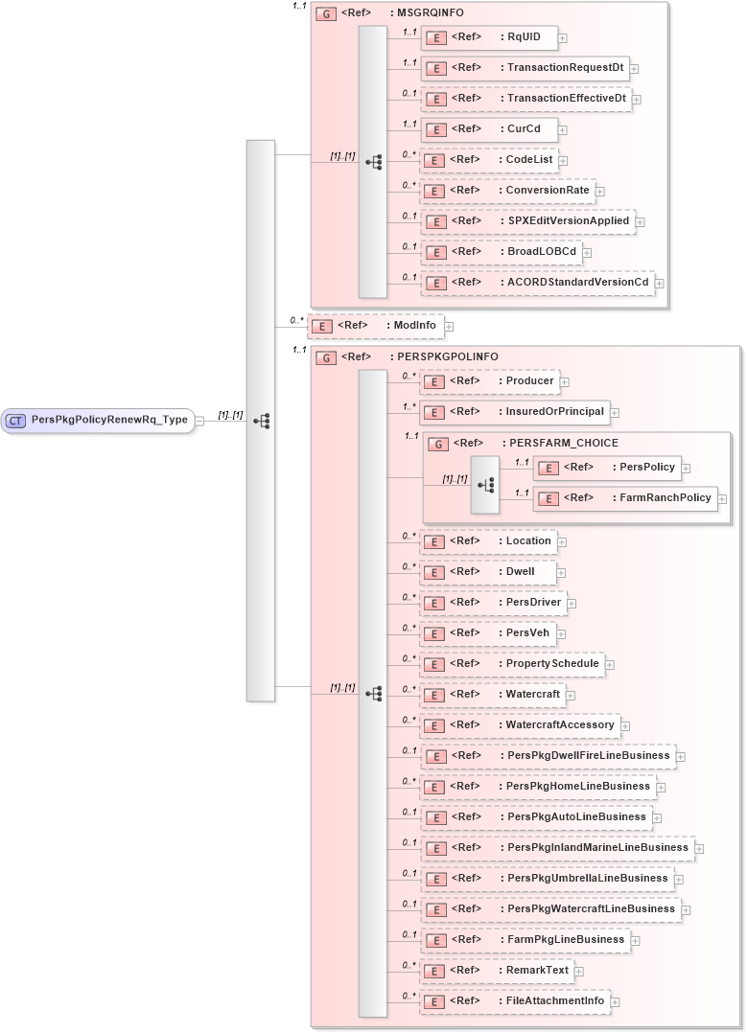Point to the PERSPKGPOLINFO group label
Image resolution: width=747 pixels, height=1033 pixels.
(x=447, y=356)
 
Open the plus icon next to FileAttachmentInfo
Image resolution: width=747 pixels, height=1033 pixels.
(x=616, y=1002)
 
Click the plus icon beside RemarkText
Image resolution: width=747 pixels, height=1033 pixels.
(x=579, y=972)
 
